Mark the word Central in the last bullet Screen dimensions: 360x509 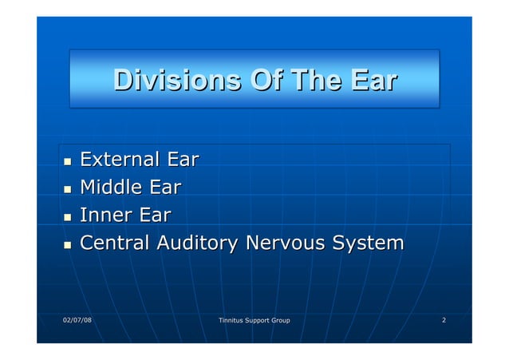[x=120, y=243]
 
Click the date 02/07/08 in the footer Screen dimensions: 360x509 [x=77, y=321]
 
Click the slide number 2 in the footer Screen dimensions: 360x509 [x=444, y=321]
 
